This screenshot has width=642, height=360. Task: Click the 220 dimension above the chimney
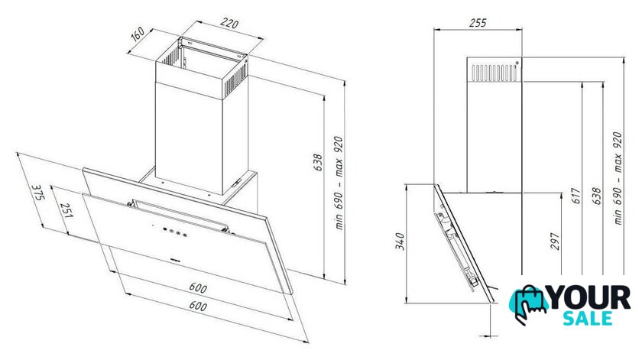click(229, 24)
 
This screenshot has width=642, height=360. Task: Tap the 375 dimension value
click(37, 192)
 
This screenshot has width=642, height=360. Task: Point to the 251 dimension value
click(66, 210)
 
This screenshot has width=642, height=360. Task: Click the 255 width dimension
click(478, 23)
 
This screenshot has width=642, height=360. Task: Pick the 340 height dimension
click(400, 242)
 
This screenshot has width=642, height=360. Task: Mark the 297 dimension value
click(555, 242)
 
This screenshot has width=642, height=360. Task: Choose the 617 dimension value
click(576, 196)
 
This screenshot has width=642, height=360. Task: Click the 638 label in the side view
click(596, 196)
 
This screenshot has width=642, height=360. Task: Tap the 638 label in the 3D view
click(318, 162)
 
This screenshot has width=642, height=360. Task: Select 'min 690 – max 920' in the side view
click(618, 178)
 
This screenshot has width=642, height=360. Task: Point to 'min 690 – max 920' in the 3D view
click(339, 183)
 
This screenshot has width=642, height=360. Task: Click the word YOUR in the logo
click(588, 298)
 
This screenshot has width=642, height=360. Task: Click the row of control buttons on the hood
click(173, 232)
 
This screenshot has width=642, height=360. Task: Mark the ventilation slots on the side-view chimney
click(494, 72)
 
